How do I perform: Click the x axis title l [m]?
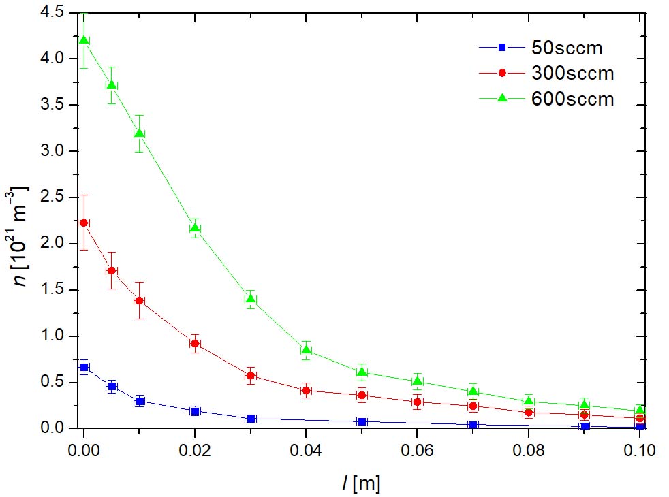pyautogui.click(x=361, y=483)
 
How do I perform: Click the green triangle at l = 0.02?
pyautogui.click(x=195, y=228)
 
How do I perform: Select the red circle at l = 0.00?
pyautogui.click(x=84, y=223)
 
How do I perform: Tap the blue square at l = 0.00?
pyautogui.click(x=84, y=367)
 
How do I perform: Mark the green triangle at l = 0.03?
pyautogui.click(x=251, y=299)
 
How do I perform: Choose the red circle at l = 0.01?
pyautogui.click(x=139, y=300)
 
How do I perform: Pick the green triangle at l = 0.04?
pyautogui.click(x=306, y=350)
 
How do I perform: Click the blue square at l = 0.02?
pyautogui.click(x=195, y=411)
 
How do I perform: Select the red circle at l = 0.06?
pyautogui.click(x=418, y=402)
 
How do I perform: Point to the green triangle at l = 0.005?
pyautogui.click(x=112, y=85)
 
